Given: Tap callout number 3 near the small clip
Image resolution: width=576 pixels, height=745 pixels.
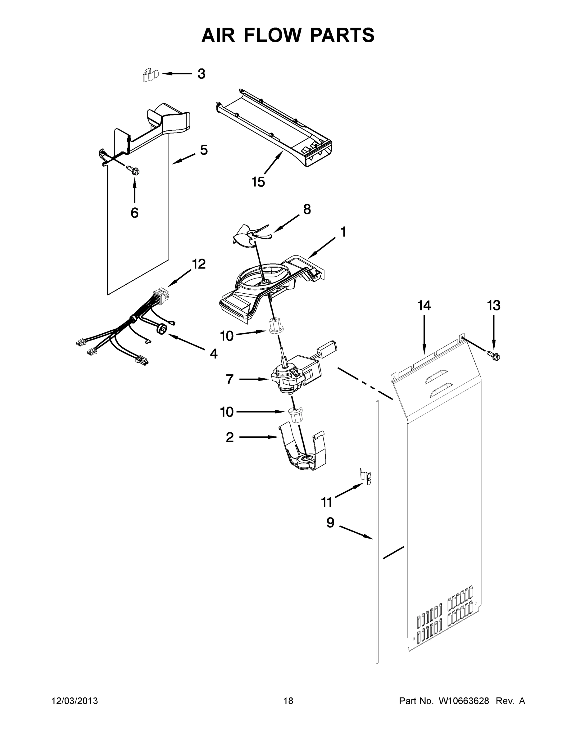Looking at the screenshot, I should coord(201,74).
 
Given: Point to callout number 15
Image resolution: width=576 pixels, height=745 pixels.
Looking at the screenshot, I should coord(258,182).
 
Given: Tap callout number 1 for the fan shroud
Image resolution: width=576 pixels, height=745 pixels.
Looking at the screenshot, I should coord(343,232).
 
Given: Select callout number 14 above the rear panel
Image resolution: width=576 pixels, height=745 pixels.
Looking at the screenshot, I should coord(424,305).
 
